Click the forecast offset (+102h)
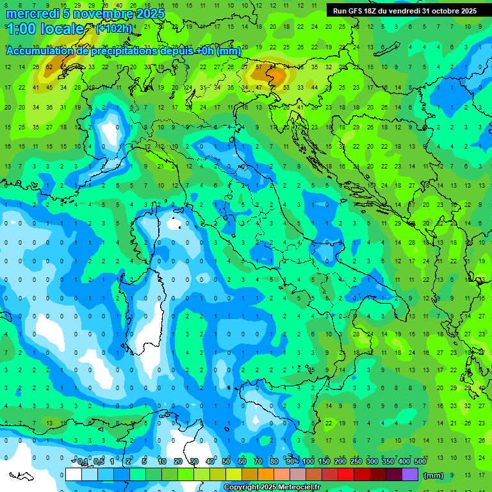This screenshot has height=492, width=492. point(114,29)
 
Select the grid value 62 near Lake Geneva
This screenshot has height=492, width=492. point(49,67)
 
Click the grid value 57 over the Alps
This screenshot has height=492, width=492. point(259,67)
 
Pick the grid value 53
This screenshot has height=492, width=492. point(286,87)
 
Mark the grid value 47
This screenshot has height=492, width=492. point(259,87)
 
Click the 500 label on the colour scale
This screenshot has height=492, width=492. point(420,462)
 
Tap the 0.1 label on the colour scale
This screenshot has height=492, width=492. point(83,462)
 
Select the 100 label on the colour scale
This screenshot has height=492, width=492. point(308,462)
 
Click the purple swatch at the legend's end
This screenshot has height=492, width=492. point(410,475)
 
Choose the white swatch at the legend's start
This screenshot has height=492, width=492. point(74,475)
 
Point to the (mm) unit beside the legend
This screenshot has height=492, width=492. point(434,475)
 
